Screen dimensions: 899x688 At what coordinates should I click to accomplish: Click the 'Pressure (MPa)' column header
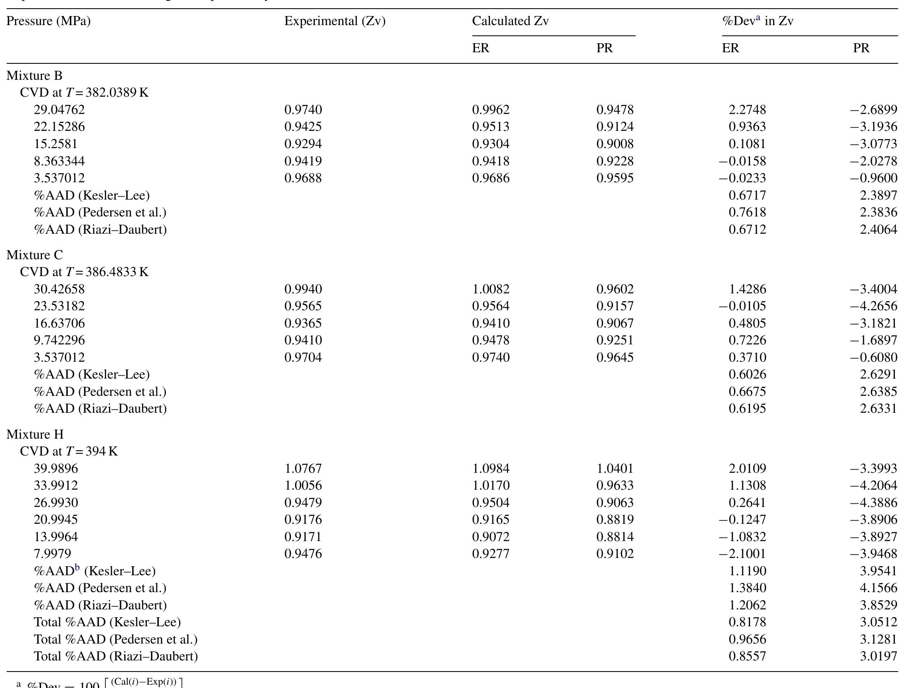49,21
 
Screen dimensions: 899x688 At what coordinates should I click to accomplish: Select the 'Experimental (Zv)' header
335,21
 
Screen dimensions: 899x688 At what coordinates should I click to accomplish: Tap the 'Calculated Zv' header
510,21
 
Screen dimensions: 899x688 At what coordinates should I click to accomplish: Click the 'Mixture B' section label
35,76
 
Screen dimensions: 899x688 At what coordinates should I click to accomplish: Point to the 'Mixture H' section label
35,434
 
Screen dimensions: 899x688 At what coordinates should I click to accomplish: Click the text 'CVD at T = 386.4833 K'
84,272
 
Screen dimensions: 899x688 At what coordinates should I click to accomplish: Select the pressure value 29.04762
59,110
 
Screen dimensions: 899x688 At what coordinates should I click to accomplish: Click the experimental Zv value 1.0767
303,468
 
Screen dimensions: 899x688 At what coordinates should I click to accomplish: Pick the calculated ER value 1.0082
490,289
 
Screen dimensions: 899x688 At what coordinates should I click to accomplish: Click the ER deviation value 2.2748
747,110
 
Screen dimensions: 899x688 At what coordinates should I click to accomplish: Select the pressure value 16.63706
59,323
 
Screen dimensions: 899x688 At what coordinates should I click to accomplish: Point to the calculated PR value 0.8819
615,520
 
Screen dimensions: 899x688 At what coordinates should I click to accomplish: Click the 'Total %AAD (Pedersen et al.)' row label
116,639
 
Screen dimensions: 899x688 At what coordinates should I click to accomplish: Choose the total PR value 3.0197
878,656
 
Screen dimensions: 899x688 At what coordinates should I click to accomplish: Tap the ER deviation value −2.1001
742,554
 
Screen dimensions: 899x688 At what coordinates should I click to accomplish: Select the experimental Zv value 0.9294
303,144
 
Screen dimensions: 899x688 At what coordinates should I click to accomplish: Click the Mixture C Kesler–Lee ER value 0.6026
747,374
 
